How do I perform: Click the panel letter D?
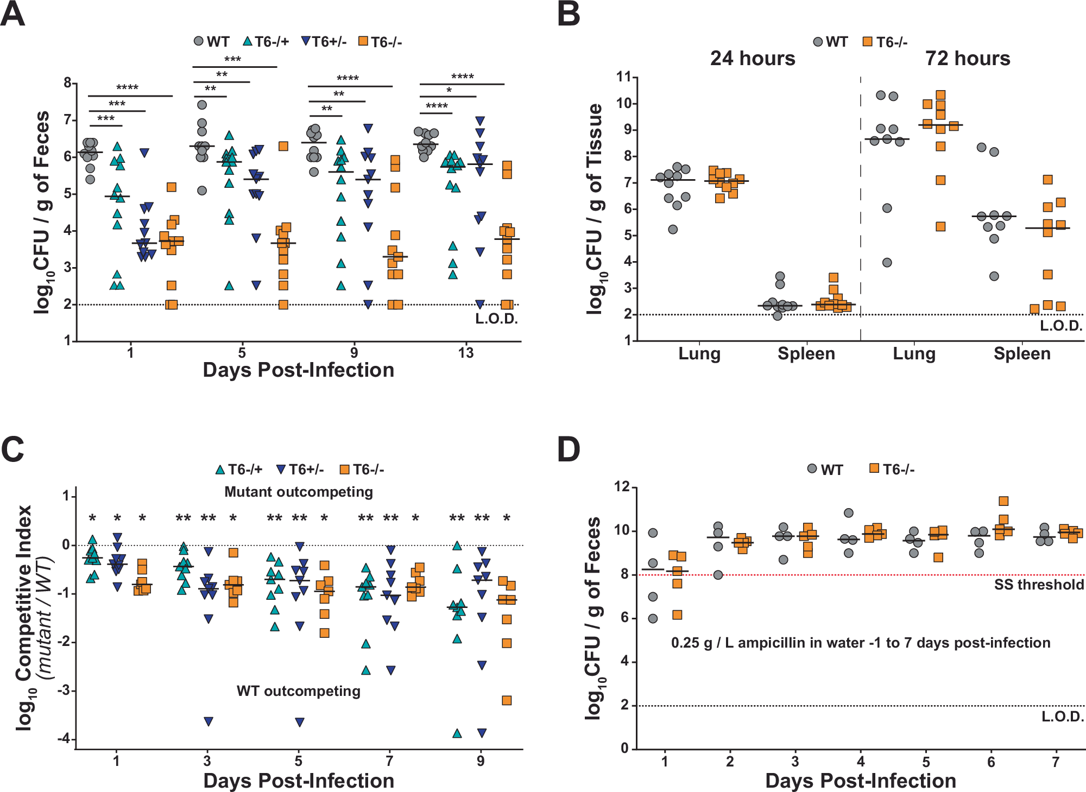click(x=568, y=449)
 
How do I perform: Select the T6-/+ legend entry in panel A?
click(x=266, y=42)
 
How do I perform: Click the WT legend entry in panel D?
click(x=825, y=470)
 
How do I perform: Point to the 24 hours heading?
click(x=753, y=58)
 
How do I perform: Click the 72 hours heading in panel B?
click(x=968, y=58)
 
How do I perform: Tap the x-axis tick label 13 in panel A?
click(x=465, y=353)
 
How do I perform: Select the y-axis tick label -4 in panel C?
click(x=64, y=739)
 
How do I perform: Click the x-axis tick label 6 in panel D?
click(x=991, y=762)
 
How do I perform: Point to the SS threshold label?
click(x=1039, y=585)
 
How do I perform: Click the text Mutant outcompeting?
click(x=299, y=492)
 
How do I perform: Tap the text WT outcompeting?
click(x=299, y=691)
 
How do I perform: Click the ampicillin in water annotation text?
click(x=861, y=643)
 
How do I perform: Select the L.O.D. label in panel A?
click(x=496, y=319)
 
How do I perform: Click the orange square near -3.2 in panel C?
click(x=507, y=700)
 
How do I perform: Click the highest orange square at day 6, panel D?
click(x=1003, y=501)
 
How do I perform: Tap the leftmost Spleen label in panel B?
click(x=806, y=353)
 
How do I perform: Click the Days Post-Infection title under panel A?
click(x=299, y=370)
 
